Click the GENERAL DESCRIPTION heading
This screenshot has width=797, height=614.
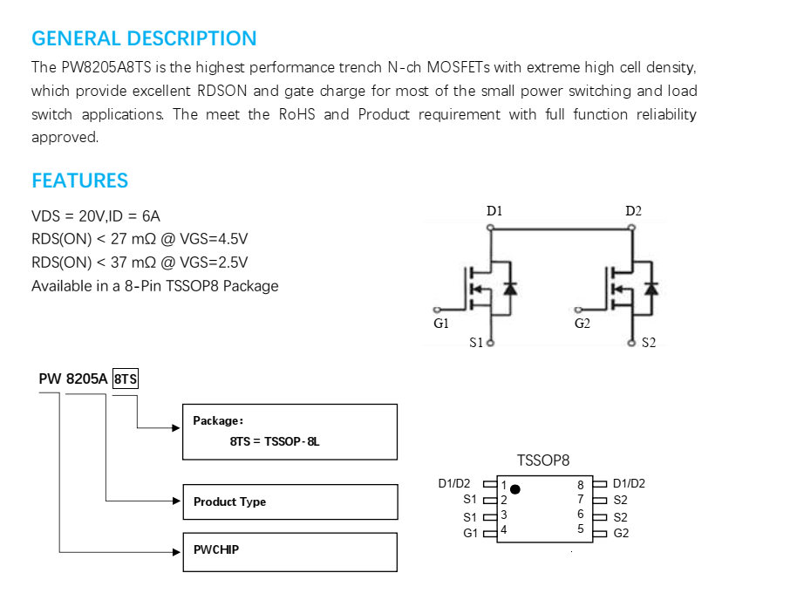point(144,38)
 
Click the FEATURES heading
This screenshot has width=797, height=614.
point(80,181)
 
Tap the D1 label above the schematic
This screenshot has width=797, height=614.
point(494,211)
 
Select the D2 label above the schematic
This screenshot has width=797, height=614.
point(633,211)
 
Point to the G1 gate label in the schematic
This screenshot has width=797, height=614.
point(441,324)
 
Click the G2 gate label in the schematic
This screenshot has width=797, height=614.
point(582,324)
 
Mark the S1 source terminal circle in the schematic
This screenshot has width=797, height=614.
point(491,343)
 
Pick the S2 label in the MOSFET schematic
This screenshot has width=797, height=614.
point(649,343)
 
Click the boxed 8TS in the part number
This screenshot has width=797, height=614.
point(126,379)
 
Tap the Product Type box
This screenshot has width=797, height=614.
point(290,501)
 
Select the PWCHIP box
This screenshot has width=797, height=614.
point(290,552)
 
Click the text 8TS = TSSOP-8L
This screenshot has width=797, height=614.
point(275,441)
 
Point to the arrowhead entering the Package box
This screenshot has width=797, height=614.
point(176,428)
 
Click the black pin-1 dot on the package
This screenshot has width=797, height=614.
point(514,489)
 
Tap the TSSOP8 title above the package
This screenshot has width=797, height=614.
point(543,460)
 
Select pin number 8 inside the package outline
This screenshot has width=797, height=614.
point(581,486)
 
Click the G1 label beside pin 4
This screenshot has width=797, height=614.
point(470,533)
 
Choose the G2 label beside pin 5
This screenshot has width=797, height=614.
point(621,533)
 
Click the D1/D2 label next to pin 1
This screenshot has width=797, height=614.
point(454,483)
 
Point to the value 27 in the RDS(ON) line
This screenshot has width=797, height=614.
point(119,239)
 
